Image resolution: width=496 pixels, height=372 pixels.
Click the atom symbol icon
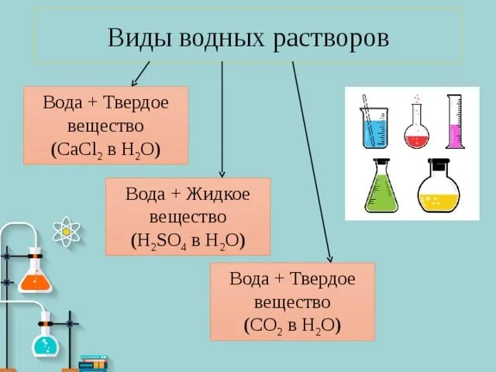coord(67,231)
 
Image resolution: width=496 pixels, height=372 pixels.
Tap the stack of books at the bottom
coord(92,363)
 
